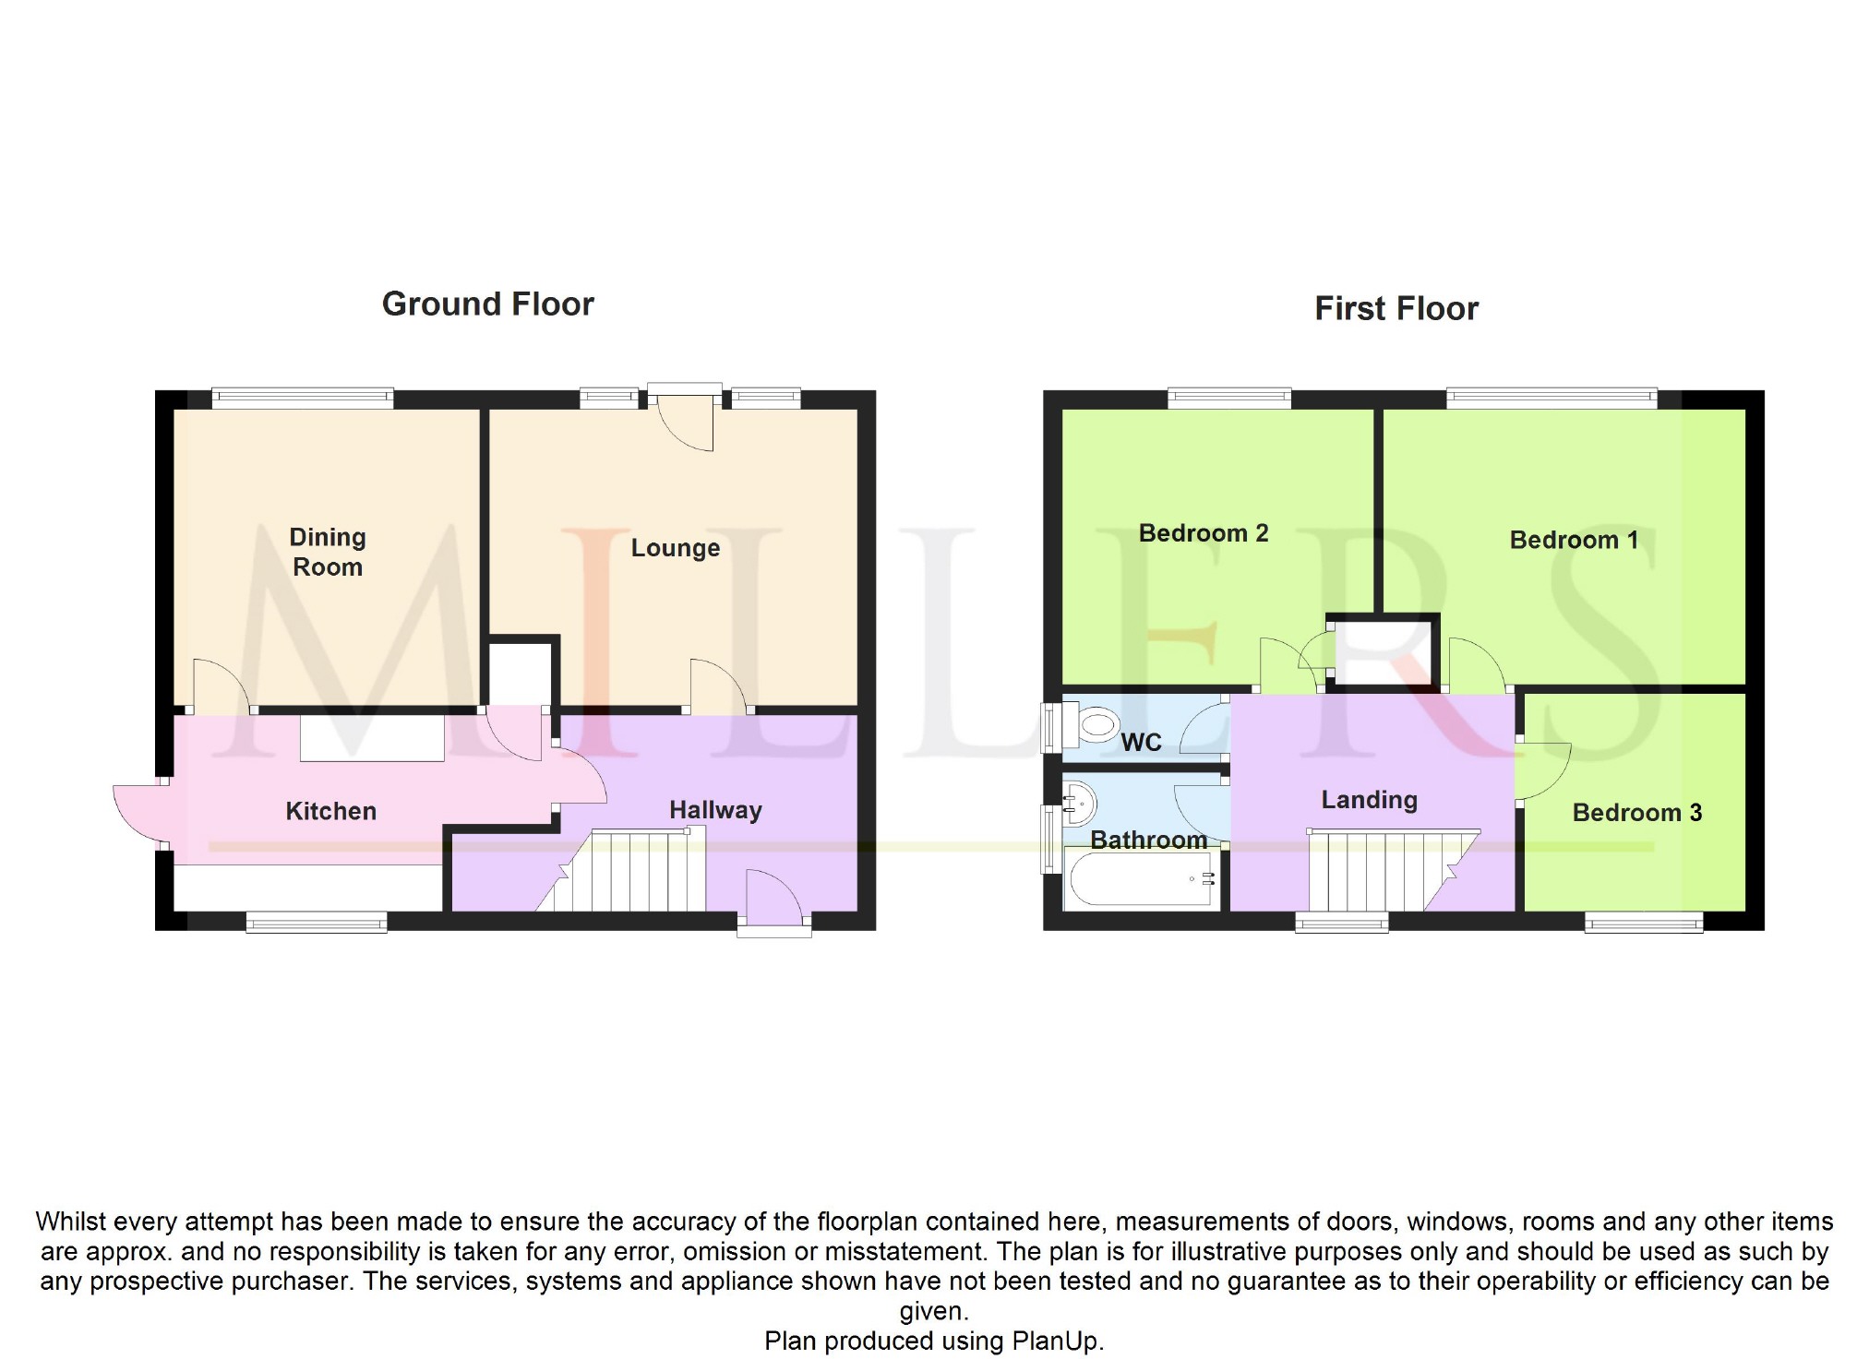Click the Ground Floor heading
click(x=487, y=304)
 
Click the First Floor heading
click(x=1396, y=308)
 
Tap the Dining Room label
click(x=328, y=552)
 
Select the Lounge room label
click(x=675, y=548)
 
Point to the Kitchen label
click(x=330, y=811)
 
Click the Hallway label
click(x=715, y=810)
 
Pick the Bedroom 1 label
click(x=1574, y=540)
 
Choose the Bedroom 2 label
click(x=1203, y=533)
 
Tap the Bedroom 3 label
click(x=1636, y=813)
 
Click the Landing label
click(x=1369, y=800)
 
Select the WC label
click(x=1141, y=743)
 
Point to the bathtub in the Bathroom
click(x=1142, y=879)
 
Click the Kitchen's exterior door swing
click(x=138, y=812)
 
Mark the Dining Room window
click(x=302, y=399)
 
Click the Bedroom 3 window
click(x=1643, y=921)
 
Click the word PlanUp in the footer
click(x=1056, y=1341)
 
